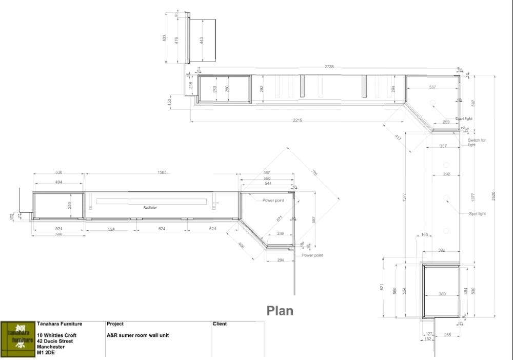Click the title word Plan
(x=280, y=311)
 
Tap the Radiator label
(x=150, y=208)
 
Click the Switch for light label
(x=476, y=143)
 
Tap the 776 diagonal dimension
(x=314, y=174)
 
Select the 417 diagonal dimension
(x=398, y=137)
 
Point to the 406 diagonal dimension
(x=242, y=246)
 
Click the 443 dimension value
(x=202, y=41)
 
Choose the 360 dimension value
(x=442, y=294)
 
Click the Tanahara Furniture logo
(x=17, y=339)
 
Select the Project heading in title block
(x=115, y=324)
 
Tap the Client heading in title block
(x=220, y=324)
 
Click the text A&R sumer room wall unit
(x=137, y=335)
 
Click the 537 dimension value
(x=432, y=87)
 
